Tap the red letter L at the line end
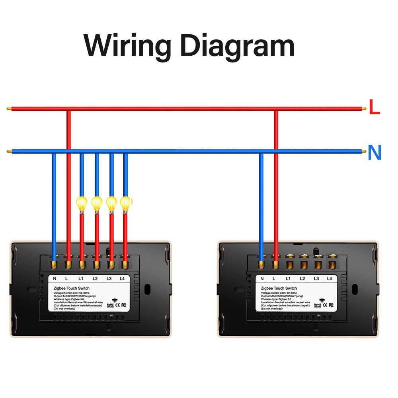(x=374, y=107)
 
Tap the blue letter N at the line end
(x=375, y=152)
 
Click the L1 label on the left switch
(x=81, y=279)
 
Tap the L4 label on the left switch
(x=123, y=279)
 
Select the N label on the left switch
(x=55, y=279)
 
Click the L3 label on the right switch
(x=316, y=279)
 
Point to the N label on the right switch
(x=262, y=279)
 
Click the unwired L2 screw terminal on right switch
(x=304, y=263)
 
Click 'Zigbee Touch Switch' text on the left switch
(x=72, y=288)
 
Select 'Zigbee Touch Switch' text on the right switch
(x=279, y=288)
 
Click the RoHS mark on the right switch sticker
(x=318, y=305)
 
